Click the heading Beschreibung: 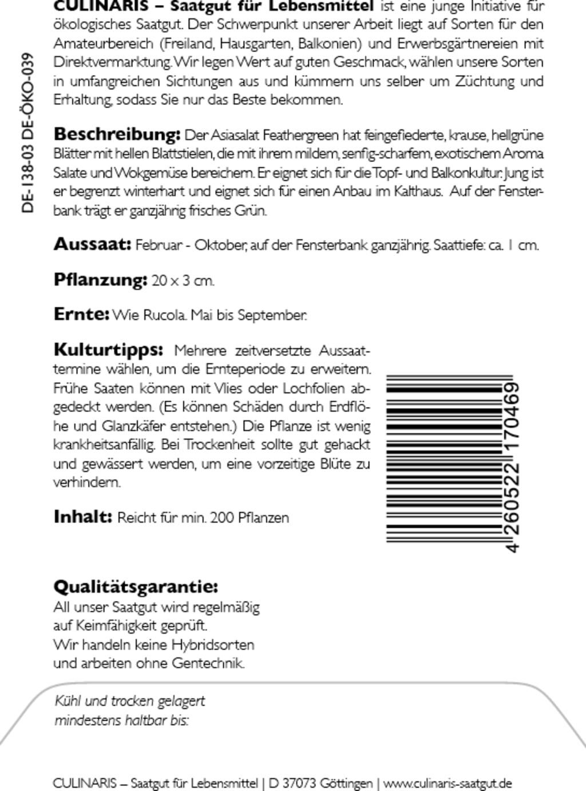117,135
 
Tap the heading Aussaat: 93,244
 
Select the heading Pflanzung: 101,280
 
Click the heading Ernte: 81,314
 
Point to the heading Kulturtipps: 108,350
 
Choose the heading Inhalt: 83,517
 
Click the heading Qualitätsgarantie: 136,587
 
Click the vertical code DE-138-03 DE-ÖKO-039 28,133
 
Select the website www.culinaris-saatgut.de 448,783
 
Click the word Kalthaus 418,191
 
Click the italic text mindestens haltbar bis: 121,720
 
